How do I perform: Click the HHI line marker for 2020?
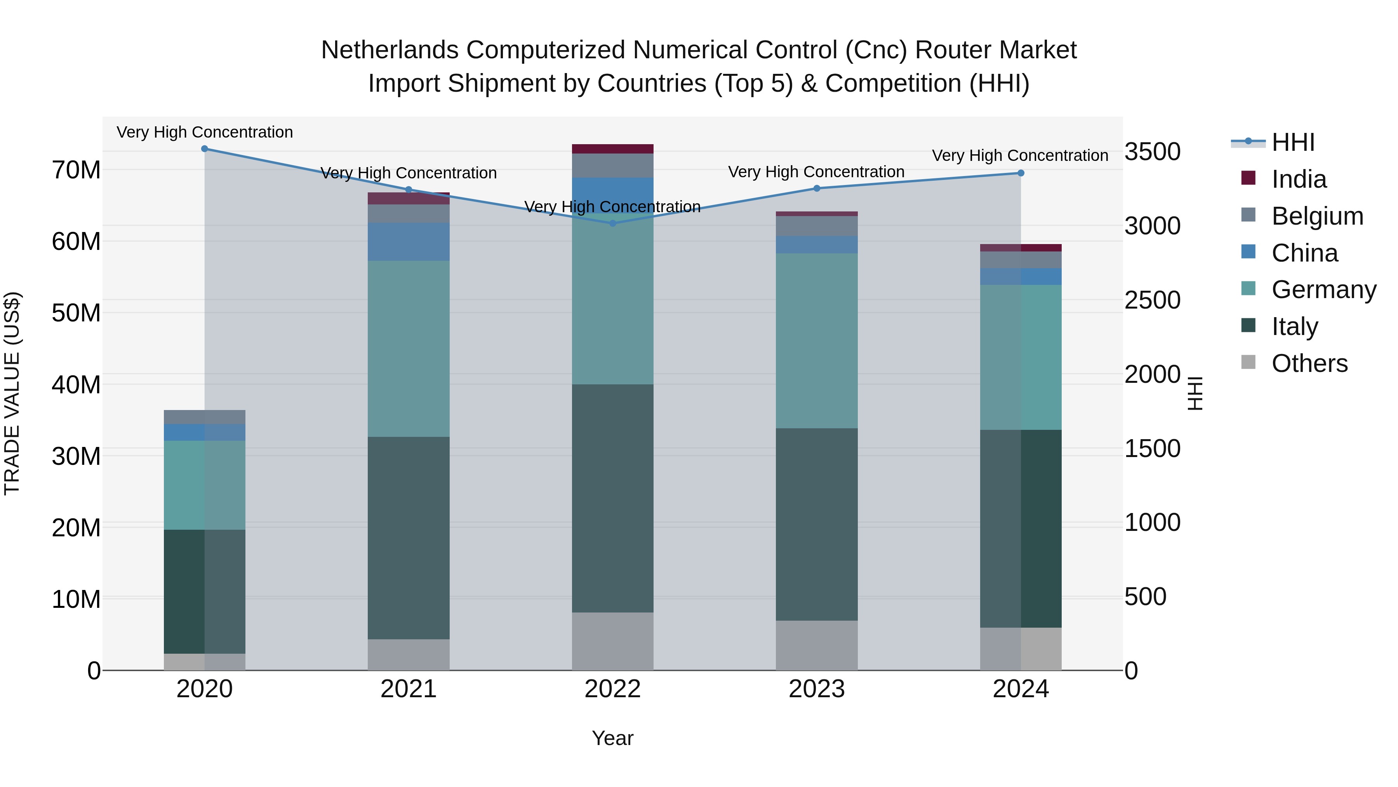(x=205, y=149)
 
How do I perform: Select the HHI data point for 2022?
(x=613, y=223)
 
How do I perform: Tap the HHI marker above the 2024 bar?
(x=1021, y=173)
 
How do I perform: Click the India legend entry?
(x=1299, y=179)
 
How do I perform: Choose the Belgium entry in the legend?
(x=1317, y=216)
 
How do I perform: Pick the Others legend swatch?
(x=1248, y=362)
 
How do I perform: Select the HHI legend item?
(x=1293, y=142)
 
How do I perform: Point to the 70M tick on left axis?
(x=76, y=170)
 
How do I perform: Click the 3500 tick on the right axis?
(x=1152, y=152)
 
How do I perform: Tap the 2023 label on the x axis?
(x=816, y=689)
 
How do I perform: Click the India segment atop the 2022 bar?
(x=613, y=149)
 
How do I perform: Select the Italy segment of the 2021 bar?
(x=409, y=538)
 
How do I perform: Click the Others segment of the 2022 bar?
(x=613, y=641)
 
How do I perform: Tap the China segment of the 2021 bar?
(x=409, y=242)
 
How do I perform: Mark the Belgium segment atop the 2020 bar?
(x=205, y=417)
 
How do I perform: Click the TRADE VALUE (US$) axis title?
(x=12, y=393)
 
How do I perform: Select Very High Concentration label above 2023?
(x=816, y=172)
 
